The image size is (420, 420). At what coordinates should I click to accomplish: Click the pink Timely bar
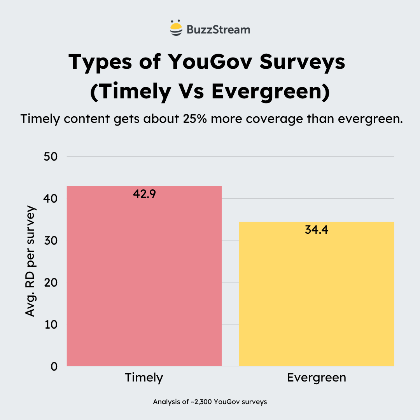(x=144, y=276)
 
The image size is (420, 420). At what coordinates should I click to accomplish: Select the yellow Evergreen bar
(x=317, y=294)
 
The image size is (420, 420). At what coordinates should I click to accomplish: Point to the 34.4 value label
(x=317, y=229)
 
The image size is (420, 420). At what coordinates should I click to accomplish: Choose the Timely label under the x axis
(x=144, y=378)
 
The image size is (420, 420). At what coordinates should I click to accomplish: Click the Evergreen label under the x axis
(x=317, y=378)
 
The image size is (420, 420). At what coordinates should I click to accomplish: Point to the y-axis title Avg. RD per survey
(x=30, y=261)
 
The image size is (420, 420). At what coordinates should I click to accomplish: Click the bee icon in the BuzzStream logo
(x=176, y=28)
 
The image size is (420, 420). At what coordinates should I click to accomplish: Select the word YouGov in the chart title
(x=205, y=62)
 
